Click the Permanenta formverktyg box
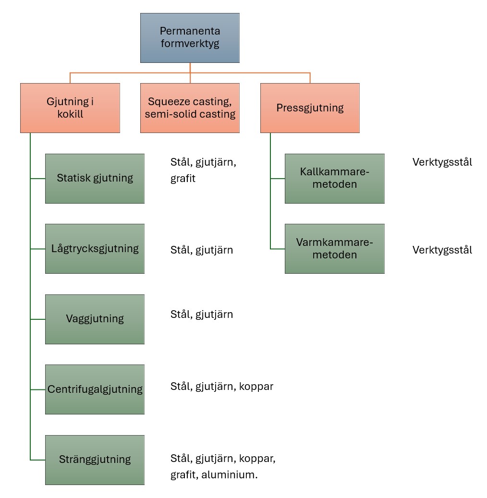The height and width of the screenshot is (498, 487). click(190, 38)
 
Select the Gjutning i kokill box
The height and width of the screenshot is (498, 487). click(70, 108)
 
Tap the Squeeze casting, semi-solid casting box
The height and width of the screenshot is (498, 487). click(190, 108)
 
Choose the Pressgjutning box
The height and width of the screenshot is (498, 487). click(310, 108)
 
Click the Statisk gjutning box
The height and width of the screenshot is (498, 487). click(95, 178)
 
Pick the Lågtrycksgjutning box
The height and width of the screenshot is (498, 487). click(95, 249)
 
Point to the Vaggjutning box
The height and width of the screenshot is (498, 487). click(95, 319)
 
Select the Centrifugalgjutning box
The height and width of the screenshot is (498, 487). click(95, 389)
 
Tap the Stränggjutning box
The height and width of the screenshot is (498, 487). click(95, 460)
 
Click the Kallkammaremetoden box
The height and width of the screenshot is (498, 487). click(334, 178)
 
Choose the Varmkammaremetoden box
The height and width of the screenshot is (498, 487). click(334, 249)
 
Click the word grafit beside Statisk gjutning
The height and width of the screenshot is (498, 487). click(183, 179)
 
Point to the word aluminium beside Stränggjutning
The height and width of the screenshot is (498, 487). click(229, 475)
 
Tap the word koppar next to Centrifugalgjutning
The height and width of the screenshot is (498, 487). click(256, 387)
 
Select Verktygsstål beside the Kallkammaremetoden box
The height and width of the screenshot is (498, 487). click(442, 162)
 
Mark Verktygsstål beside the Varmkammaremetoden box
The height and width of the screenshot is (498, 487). click(442, 250)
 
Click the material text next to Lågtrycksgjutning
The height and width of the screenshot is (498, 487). click(202, 250)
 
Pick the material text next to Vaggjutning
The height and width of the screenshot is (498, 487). click(202, 315)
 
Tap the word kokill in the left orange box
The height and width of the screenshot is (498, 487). click(70, 115)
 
